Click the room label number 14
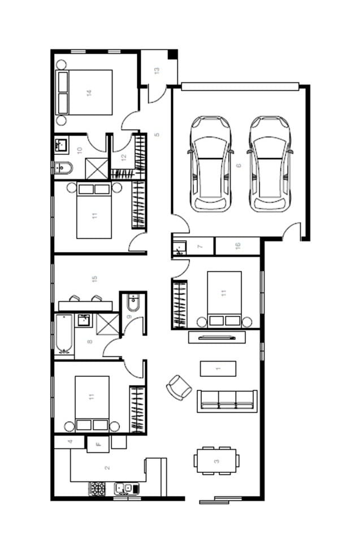pyautogui.click(x=89, y=93)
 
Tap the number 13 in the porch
pyautogui.click(x=157, y=71)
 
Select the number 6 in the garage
pyautogui.click(x=238, y=165)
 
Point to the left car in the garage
pyautogui.click(x=211, y=164)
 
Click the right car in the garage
pyautogui.click(x=270, y=164)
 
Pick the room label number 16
pyautogui.click(x=237, y=245)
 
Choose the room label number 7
pyautogui.click(x=200, y=246)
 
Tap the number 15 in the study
pyautogui.click(x=94, y=279)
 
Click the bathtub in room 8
pyautogui.click(x=64, y=334)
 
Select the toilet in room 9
pyautogui.click(x=133, y=303)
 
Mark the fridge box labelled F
pyautogui.click(x=98, y=445)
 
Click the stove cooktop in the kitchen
pyautogui.click(x=97, y=489)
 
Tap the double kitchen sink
pyautogui.click(x=127, y=489)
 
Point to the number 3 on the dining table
pyautogui.click(x=216, y=461)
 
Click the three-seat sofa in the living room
pyautogui.click(x=227, y=401)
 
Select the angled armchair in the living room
pyautogui.click(x=179, y=387)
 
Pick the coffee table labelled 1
pyautogui.click(x=218, y=368)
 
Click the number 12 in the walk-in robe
pyautogui.click(x=124, y=157)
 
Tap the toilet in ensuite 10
pyautogui.click(x=63, y=168)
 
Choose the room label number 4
pyautogui.click(x=70, y=442)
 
